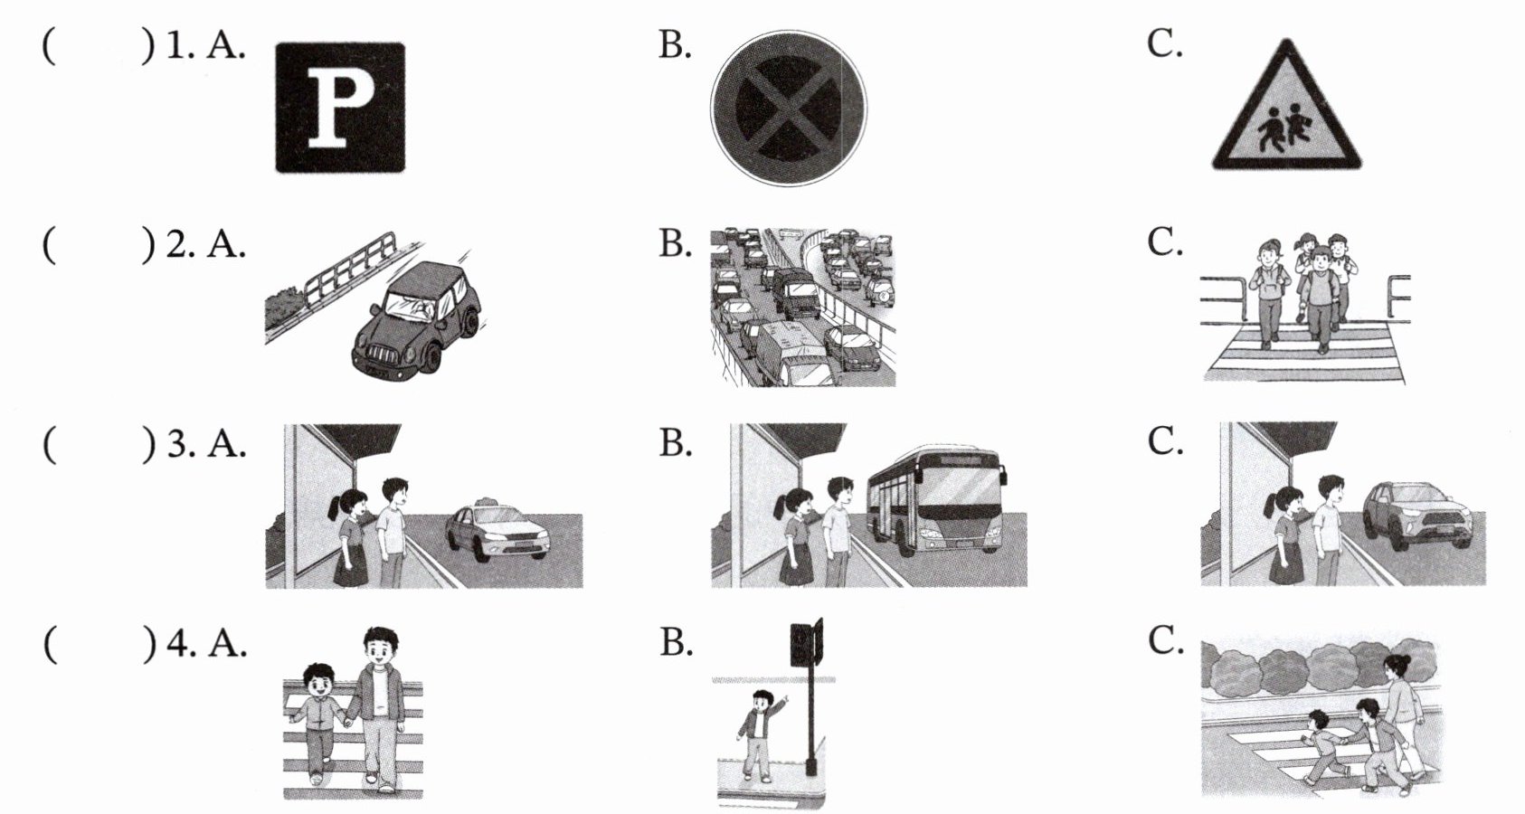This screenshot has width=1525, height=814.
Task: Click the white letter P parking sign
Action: [340, 108]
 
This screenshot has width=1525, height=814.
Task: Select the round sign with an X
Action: [788, 108]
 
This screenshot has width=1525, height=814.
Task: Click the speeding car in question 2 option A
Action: [417, 317]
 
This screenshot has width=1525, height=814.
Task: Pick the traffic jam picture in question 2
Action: [802, 308]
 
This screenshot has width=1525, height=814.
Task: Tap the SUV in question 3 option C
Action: [1416, 515]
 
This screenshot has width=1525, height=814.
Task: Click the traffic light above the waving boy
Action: [805, 643]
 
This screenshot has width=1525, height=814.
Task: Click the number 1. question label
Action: [180, 46]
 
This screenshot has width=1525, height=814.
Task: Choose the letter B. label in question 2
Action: [675, 243]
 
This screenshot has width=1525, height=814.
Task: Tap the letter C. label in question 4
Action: [1165, 640]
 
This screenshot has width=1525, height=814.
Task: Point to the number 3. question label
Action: [180, 444]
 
